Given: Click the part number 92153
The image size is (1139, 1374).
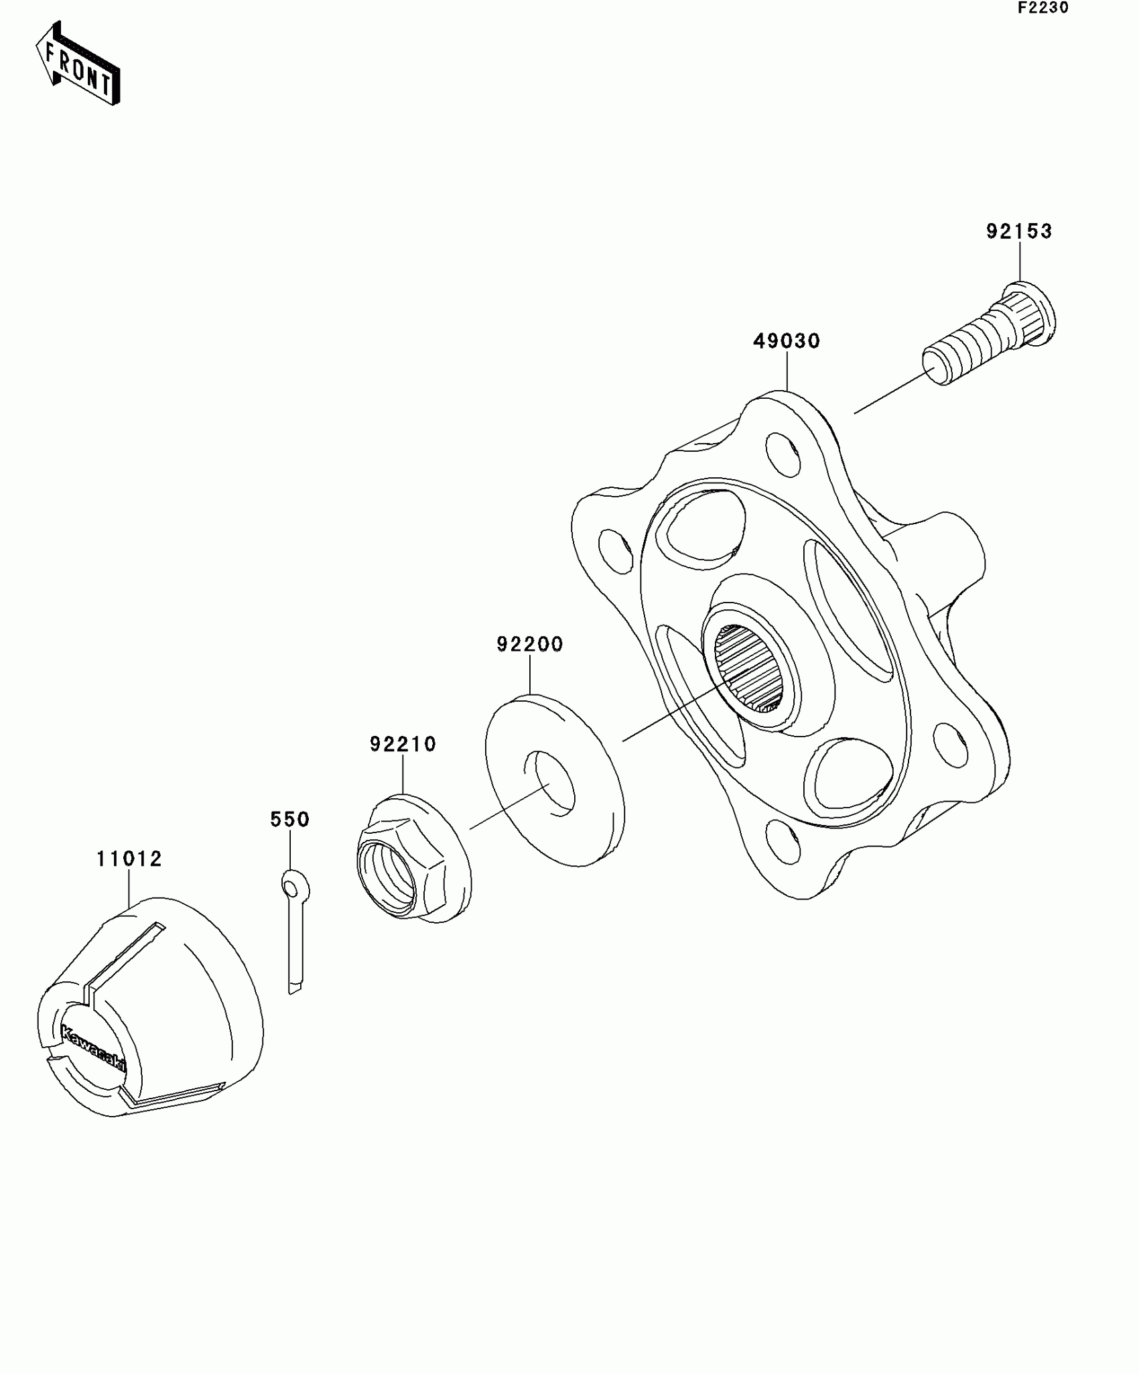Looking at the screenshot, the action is tap(1018, 231).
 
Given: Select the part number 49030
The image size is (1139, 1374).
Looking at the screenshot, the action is tap(787, 341).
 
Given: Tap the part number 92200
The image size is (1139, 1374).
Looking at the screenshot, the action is tap(529, 644).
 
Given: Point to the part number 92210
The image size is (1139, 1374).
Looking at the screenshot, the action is tap(403, 744).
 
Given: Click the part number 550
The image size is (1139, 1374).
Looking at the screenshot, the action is tap(289, 819).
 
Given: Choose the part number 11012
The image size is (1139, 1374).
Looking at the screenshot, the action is tap(129, 859).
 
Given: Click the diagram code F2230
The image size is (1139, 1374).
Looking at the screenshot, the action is tap(1043, 8).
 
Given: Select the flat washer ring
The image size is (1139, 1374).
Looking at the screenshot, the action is tap(554, 781).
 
